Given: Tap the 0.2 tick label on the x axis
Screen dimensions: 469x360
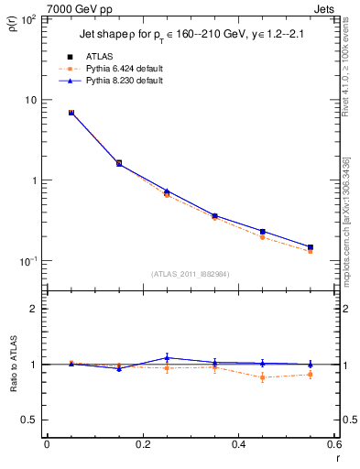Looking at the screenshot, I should click(142, 444).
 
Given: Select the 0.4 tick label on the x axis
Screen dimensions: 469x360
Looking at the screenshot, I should click(238, 444).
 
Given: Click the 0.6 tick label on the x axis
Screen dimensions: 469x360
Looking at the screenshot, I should click(333, 444).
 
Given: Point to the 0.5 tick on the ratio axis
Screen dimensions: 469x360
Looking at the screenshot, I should click(32, 420).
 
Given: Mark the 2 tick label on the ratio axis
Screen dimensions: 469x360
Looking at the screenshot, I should click(36, 309).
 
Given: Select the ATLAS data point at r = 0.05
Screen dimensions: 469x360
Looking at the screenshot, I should click(71, 113).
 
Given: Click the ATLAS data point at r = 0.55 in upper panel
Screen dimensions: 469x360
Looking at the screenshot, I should click(311, 247).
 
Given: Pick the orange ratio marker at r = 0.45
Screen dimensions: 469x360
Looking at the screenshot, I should click(263, 376).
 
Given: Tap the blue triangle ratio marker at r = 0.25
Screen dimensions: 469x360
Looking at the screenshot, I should click(167, 357).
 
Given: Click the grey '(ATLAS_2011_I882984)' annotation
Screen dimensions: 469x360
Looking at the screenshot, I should click(191, 274).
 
